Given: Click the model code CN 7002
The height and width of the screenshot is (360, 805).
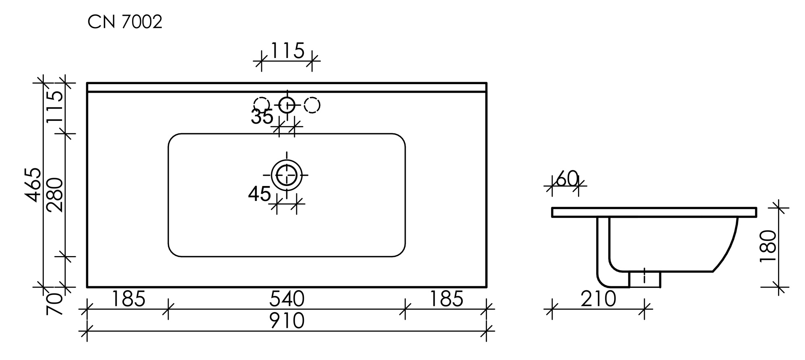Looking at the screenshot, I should click(x=125, y=22).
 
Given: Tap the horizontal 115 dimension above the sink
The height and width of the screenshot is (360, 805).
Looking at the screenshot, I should click(x=287, y=51).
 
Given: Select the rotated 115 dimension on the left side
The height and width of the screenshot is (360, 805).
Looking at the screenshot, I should click(x=54, y=107).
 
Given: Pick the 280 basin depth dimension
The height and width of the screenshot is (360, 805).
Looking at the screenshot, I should click(x=54, y=195).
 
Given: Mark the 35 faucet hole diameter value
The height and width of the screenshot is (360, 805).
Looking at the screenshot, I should click(x=262, y=117).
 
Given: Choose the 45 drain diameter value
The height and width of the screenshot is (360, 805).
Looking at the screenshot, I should click(x=260, y=194).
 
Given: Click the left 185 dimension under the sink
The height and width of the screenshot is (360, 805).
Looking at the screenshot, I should click(x=128, y=299).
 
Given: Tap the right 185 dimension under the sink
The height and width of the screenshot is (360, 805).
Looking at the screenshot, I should click(x=446, y=299).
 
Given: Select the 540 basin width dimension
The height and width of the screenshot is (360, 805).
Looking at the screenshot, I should click(x=287, y=299).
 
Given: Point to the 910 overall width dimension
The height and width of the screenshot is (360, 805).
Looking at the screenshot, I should click(x=287, y=321).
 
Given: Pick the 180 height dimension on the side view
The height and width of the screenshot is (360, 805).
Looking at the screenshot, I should click(x=768, y=246).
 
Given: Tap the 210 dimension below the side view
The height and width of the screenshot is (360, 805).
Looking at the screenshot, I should click(x=598, y=299).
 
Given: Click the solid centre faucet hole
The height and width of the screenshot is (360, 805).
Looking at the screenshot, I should click(x=287, y=105).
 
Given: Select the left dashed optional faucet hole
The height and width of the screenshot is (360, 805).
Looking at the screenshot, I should click(x=262, y=105).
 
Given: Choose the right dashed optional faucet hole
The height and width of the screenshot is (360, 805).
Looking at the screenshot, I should click(x=312, y=105).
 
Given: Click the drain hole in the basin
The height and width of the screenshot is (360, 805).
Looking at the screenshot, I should click(x=287, y=175).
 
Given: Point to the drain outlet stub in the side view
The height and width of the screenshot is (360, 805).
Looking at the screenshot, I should click(x=645, y=279).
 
